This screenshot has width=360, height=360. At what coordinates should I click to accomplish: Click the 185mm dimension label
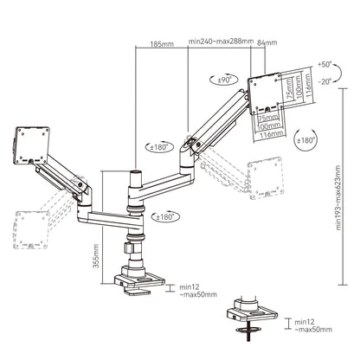[x=160, y=43]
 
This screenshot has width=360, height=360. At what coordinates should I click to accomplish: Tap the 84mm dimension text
[x=268, y=42]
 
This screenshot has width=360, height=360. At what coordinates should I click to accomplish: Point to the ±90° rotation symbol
[x=221, y=80]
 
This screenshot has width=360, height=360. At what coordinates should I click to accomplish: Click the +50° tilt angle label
[x=324, y=64]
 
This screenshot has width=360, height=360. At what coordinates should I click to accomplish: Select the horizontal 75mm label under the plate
[x=269, y=117]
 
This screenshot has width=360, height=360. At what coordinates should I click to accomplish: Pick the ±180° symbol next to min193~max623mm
[x=305, y=139]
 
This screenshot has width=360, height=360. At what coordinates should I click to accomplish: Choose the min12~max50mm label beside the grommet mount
[x=312, y=325]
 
